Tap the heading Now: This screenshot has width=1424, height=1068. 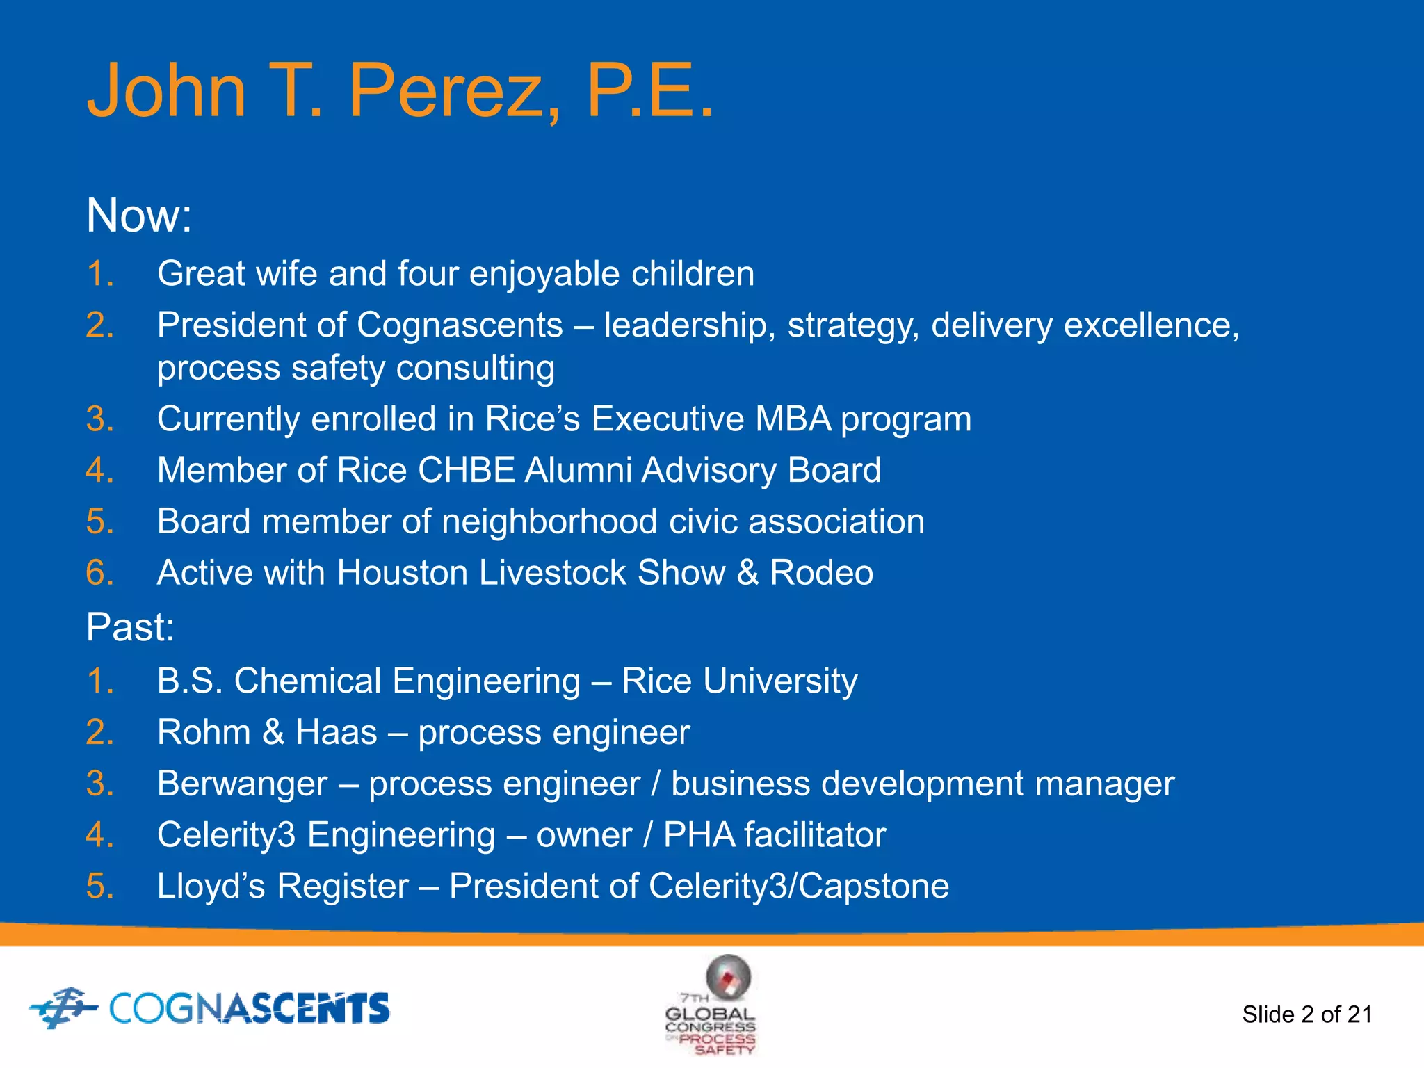138,216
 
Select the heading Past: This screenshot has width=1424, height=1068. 130,627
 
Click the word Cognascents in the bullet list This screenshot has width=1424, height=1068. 460,325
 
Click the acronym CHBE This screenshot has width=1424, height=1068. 466,471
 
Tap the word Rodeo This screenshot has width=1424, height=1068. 821,574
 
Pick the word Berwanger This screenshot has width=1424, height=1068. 242,784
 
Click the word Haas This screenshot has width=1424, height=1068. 336,733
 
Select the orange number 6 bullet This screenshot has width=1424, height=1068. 100,574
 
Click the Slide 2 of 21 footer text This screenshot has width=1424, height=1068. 1306,1014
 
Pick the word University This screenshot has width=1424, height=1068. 780,681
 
